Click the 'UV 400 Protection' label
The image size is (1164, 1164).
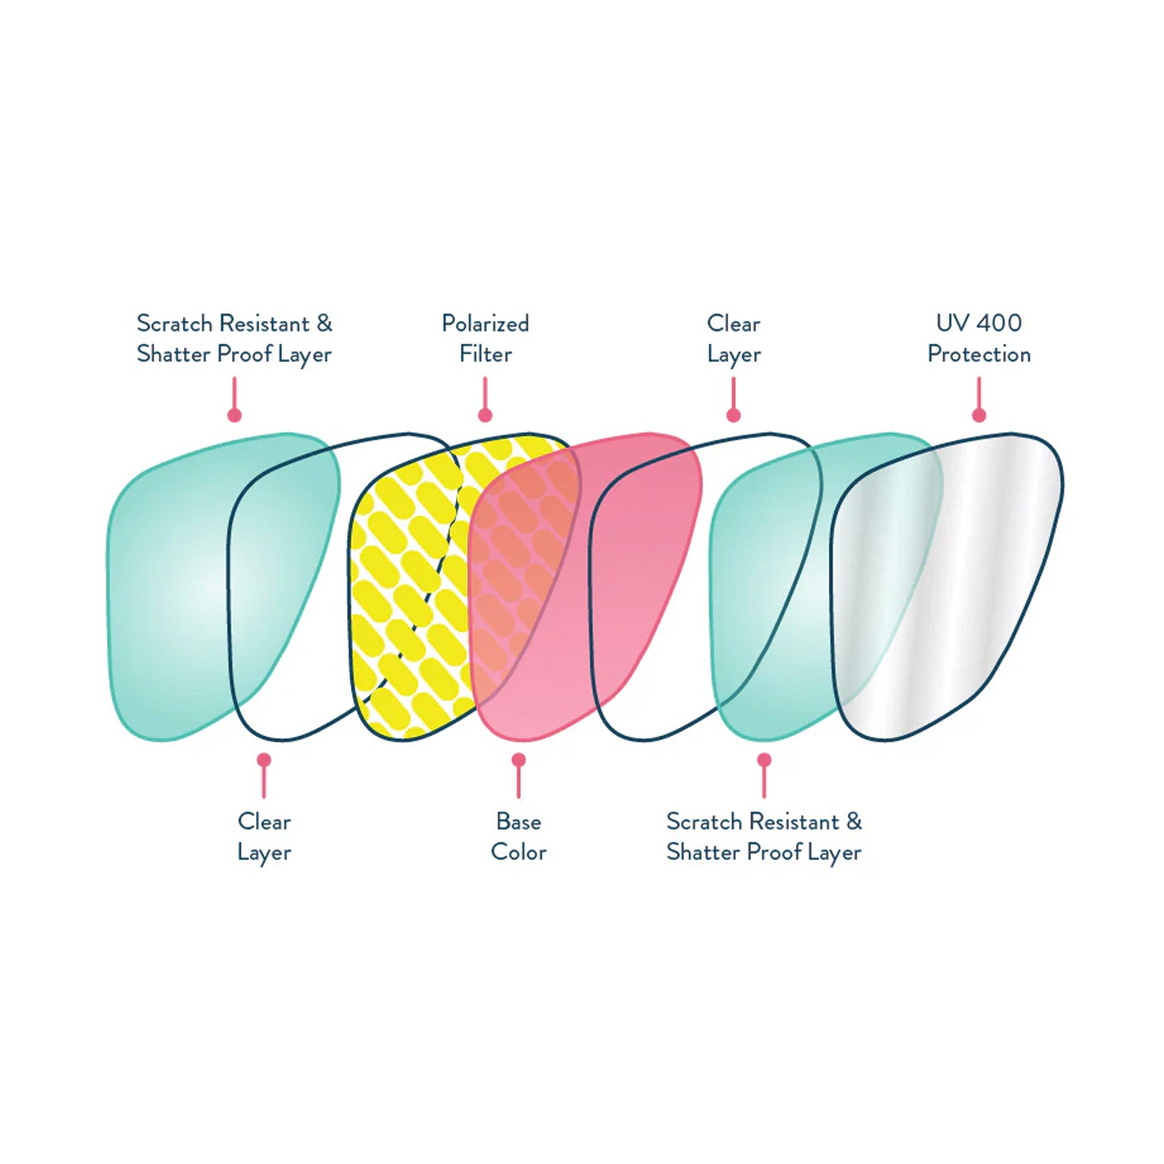click(x=979, y=339)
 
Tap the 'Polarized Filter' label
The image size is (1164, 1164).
click(x=485, y=339)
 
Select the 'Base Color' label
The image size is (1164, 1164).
click(x=518, y=836)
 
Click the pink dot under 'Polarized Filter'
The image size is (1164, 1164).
click(x=485, y=415)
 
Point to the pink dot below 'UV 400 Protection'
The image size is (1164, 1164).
click(x=979, y=415)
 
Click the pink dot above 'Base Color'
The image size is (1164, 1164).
click(x=519, y=760)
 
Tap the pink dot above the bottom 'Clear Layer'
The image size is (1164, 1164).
click(x=264, y=760)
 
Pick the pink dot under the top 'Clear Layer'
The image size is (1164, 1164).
click(x=734, y=415)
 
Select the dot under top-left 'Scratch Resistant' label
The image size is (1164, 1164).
click(x=235, y=415)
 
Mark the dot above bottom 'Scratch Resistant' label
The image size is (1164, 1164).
click(x=764, y=760)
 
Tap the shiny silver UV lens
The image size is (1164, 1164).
click(x=958, y=582)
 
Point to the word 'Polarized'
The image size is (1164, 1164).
click(x=485, y=324)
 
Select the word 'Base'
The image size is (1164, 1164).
click(x=518, y=821)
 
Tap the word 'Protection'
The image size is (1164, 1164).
click(x=979, y=354)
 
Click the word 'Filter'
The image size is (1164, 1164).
click(x=485, y=354)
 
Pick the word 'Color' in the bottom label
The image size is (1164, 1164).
click(x=518, y=852)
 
